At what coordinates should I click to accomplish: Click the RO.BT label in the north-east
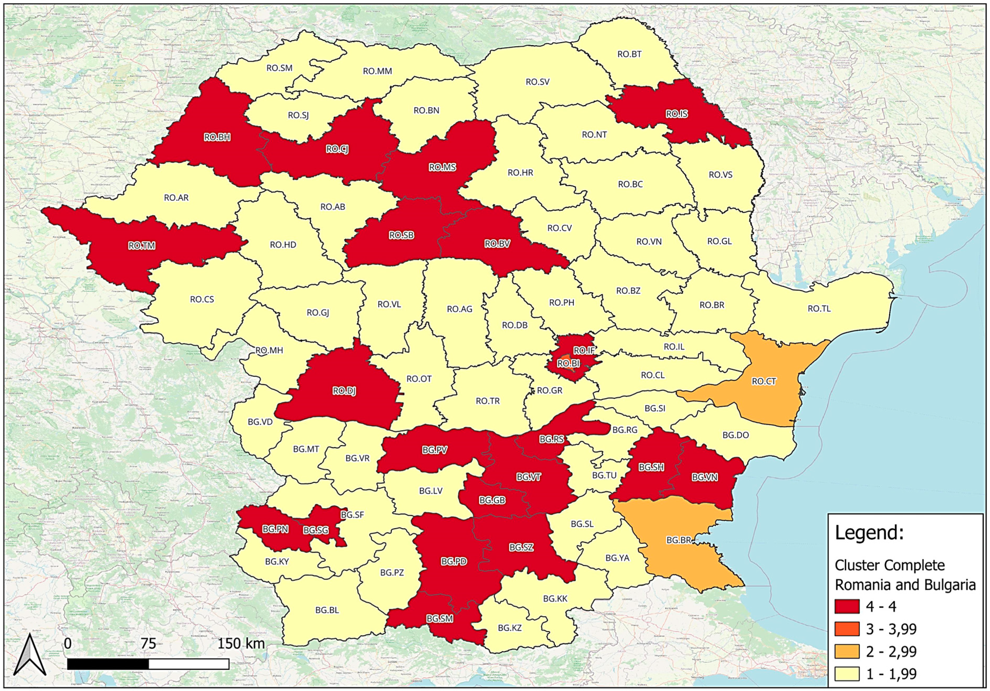click(x=629, y=54)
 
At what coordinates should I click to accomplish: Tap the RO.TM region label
click(x=142, y=246)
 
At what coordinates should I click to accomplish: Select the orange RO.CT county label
click(x=764, y=381)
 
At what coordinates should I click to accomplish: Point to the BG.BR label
click(x=679, y=540)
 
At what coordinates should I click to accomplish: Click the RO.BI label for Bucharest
click(x=568, y=364)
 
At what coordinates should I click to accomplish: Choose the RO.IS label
click(x=676, y=114)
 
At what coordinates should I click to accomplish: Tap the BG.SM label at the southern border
click(x=439, y=619)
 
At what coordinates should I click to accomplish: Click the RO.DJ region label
click(x=344, y=391)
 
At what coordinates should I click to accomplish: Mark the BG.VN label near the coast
click(x=704, y=477)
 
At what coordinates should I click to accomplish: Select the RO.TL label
click(x=819, y=309)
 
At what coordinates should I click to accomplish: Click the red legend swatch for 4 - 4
click(x=847, y=607)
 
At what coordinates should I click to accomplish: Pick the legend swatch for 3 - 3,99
click(x=847, y=629)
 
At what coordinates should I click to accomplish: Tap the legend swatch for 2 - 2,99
click(x=847, y=651)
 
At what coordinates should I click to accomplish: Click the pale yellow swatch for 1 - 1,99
click(x=847, y=674)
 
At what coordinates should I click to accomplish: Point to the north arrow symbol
click(x=30, y=655)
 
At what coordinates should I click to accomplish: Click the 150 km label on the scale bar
click(x=241, y=644)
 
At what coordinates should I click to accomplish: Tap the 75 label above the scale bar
click(x=148, y=644)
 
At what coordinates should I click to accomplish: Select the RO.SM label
click(x=279, y=68)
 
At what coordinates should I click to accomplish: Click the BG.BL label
click(x=327, y=610)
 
